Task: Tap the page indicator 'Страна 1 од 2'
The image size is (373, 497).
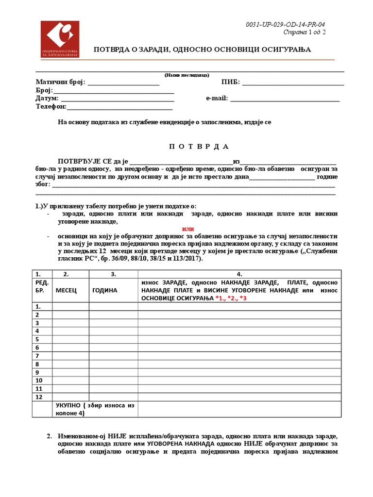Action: click(x=304, y=32)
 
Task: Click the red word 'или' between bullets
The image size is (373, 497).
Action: click(x=188, y=229)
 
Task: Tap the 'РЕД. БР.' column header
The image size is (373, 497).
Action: click(x=42, y=286)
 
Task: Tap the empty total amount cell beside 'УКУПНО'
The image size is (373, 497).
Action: click(x=241, y=409)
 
